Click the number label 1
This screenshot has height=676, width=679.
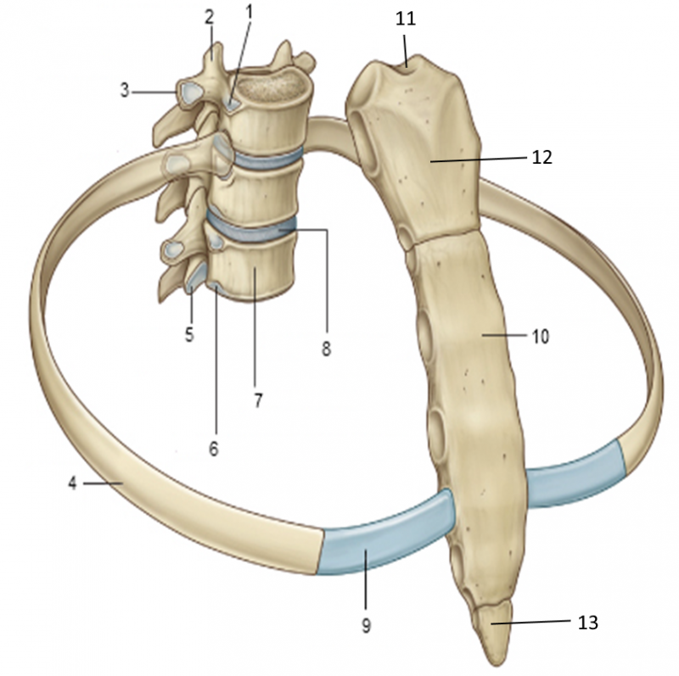point(249,13)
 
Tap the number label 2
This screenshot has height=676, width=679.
point(209,17)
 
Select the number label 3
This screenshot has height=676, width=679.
point(125,91)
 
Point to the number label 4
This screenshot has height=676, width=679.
point(72,483)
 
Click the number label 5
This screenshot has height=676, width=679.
point(189,334)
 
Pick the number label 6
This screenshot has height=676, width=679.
point(214,449)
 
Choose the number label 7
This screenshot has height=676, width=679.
point(258,400)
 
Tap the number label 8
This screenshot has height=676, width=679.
point(326,349)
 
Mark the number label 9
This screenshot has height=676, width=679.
point(367,625)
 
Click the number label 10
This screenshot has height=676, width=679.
point(540,336)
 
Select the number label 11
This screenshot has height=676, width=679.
point(406,19)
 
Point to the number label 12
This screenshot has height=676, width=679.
point(542,158)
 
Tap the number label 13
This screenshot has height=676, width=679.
point(588,623)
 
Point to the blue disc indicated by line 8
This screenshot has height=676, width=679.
point(252,228)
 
